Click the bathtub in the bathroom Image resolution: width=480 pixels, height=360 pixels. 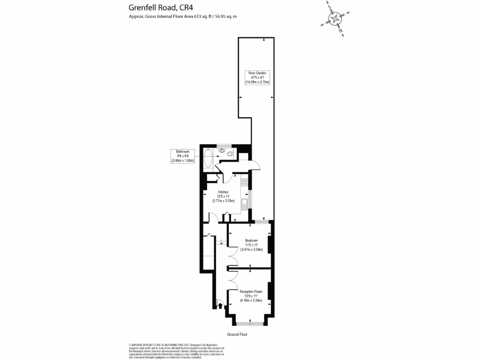coord(209,159)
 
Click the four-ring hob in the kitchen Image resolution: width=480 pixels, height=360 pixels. coord(244,182)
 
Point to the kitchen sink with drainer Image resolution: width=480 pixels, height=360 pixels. coord(244,204)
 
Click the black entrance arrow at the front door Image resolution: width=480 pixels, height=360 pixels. coord(220,306)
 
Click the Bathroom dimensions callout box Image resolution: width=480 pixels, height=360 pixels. coord(182,156)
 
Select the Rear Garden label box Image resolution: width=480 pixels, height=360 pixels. coord(257,77)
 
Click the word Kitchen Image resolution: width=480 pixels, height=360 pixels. coord(223,192)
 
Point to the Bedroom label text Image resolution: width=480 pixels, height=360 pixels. coord(251,240)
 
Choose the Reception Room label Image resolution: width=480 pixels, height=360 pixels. coord(251,292)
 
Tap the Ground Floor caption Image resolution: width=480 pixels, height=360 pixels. coord(237,335)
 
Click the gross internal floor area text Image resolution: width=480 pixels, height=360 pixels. coord(183,16)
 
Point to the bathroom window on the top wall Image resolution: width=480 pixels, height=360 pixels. coord(225,145)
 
